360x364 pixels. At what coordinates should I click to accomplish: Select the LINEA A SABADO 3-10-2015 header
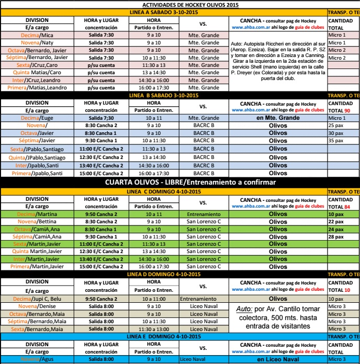coord(163,12)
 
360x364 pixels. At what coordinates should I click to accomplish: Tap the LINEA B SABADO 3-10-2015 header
coord(163,96)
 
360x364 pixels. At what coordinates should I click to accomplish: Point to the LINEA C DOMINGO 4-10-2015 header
coord(163,191)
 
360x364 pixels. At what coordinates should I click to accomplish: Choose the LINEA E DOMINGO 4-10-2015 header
coord(163,336)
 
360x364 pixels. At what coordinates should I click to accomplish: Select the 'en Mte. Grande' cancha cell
coord(278,119)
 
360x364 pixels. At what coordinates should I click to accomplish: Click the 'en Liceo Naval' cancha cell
coord(278,359)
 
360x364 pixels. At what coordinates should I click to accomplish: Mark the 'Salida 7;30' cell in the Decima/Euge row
coord(101,119)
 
